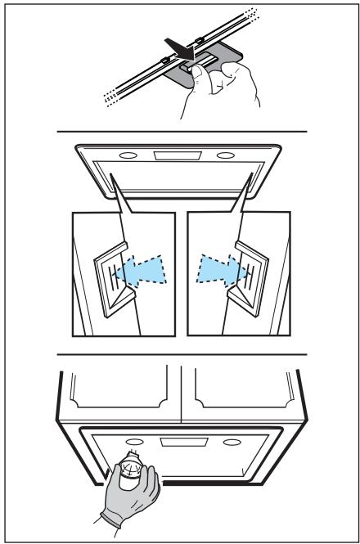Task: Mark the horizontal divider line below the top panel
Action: (x=180, y=132)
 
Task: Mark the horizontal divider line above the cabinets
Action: (x=180, y=355)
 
